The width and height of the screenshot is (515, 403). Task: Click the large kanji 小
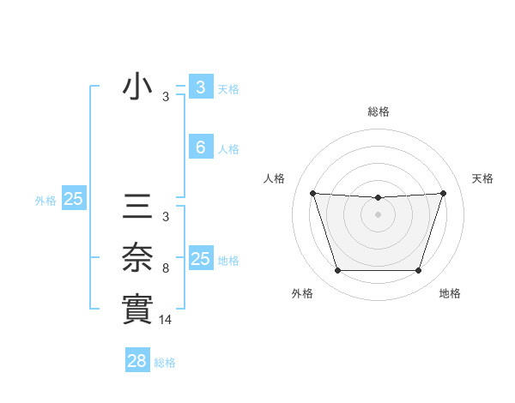coord(138,87)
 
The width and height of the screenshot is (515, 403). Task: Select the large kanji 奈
coord(138,258)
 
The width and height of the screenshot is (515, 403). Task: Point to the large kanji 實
coord(138,309)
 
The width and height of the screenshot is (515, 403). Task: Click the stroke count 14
coord(167,319)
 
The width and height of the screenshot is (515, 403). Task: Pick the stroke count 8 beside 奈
coord(166,268)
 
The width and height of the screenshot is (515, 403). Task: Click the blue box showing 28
coord(137,361)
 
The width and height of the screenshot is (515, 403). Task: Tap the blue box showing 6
coord(200,147)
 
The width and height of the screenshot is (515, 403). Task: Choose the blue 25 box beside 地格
coord(200,259)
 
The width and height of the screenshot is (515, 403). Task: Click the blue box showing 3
coord(200,87)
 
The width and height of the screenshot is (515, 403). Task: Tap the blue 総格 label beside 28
coord(165,363)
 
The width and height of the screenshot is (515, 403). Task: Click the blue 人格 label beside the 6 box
coord(228,149)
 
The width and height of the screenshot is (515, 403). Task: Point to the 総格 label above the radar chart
coord(378,111)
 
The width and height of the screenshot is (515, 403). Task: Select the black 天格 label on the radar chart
coord(483,178)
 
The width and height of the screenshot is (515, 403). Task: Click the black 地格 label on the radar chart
coord(450,293)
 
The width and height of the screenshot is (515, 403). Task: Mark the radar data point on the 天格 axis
coord(443,193)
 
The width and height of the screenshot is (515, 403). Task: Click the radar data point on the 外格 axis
coord(337,271)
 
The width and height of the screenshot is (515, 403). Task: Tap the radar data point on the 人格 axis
coord(312,193)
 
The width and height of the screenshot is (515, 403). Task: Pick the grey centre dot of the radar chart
coord(378,214)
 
